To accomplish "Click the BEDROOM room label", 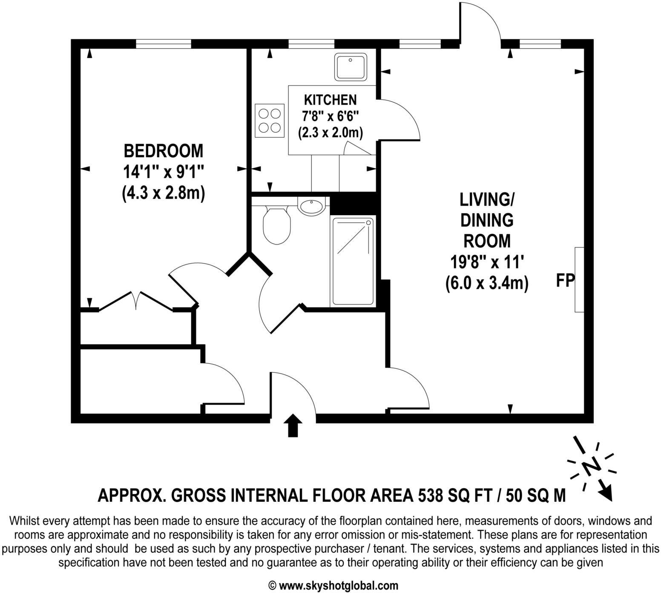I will (x=164, y=151).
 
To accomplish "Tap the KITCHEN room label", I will (x=330, y=100).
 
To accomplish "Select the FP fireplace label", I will (x=565, y=280).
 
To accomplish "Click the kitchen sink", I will (x=351, y=67).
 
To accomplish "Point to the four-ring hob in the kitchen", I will (x=270, y=121).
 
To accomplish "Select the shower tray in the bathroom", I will (x=352, y=261).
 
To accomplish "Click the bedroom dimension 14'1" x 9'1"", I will (x=164, y=172).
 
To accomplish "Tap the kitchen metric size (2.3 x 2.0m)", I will (x=330, y=133).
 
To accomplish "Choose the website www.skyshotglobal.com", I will (x=339, y=585).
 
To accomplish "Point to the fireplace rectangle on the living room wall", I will (x=579, y=279).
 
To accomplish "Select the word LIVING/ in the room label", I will (x=487, y=199).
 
